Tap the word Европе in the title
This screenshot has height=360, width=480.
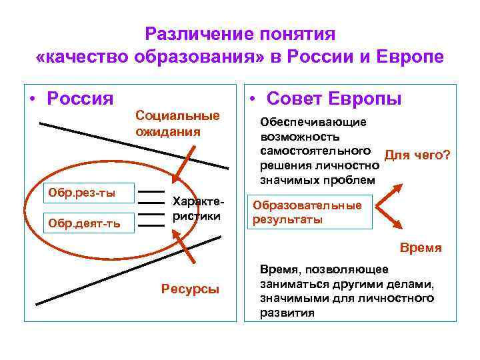click(408, 56)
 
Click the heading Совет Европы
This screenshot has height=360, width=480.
click(333, 99)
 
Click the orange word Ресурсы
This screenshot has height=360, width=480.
click(191, 289)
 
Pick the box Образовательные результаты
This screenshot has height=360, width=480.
click(307, 213)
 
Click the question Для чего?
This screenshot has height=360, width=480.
click(417, 155)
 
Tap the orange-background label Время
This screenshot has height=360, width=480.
click(420, 247)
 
